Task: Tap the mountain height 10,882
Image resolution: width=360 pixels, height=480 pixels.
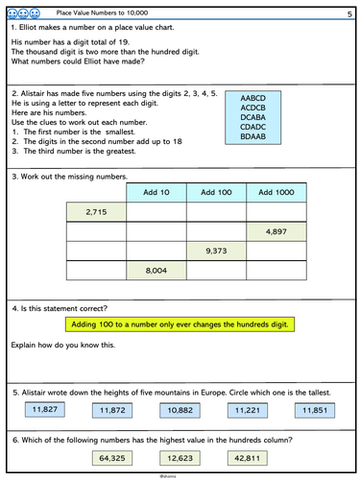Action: [180, 411]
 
